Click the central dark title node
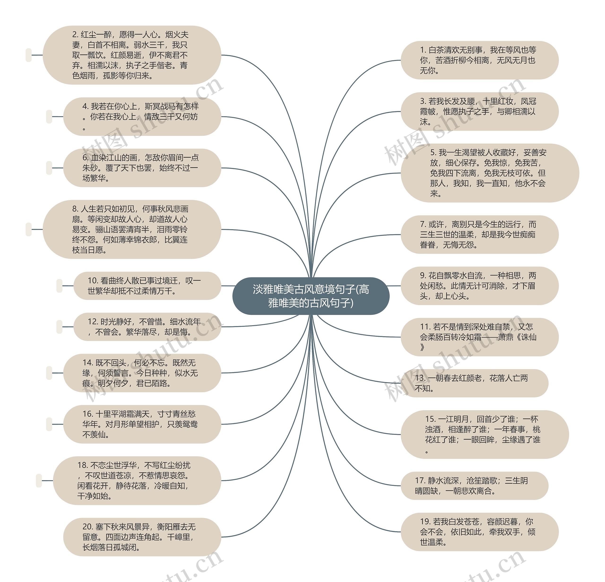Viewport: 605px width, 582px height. coord(311,296)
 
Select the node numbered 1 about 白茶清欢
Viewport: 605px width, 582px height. coord(479,60)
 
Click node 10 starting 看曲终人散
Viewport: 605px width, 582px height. coord(147,286)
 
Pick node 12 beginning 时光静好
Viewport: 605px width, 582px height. coord(147,327)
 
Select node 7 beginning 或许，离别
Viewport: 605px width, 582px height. coord(479,235)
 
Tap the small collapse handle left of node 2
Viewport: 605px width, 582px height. coord(29,55)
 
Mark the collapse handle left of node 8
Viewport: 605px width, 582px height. coord(29,229)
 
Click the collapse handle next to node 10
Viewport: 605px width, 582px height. coord(59,286)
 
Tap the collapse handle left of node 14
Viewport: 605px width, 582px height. coord(49,373)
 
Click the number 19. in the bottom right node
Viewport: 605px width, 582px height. coord(425,522)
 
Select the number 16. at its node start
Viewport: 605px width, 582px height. coord(88,414)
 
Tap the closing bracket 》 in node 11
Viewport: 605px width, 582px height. coord(422,347)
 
